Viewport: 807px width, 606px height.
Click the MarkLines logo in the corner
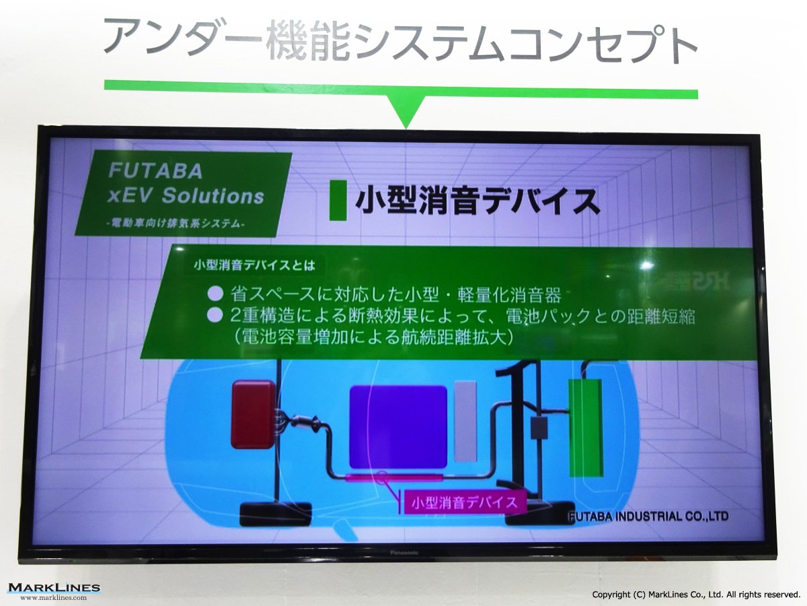[54, 587]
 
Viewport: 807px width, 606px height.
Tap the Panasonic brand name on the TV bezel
[404, 553]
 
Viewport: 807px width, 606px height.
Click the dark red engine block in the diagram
[254, 414]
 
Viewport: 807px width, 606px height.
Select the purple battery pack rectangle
[398, 427]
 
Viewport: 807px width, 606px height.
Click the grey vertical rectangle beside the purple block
[465, 421]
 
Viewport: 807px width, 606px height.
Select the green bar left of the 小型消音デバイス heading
[338, 200]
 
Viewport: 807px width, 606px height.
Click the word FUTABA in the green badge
[155, 171]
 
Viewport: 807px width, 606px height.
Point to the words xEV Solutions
[186, 195]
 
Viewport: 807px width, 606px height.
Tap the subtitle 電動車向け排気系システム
[178, 224]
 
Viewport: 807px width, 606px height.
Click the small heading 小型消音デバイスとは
[254, 265]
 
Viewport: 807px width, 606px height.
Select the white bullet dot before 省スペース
[215, 294]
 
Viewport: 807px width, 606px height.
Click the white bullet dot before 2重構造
[215, 316]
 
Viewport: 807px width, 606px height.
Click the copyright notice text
[696, 595]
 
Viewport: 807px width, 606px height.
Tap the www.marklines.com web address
[53, 598]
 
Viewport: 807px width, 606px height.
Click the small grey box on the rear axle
[539, 429]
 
